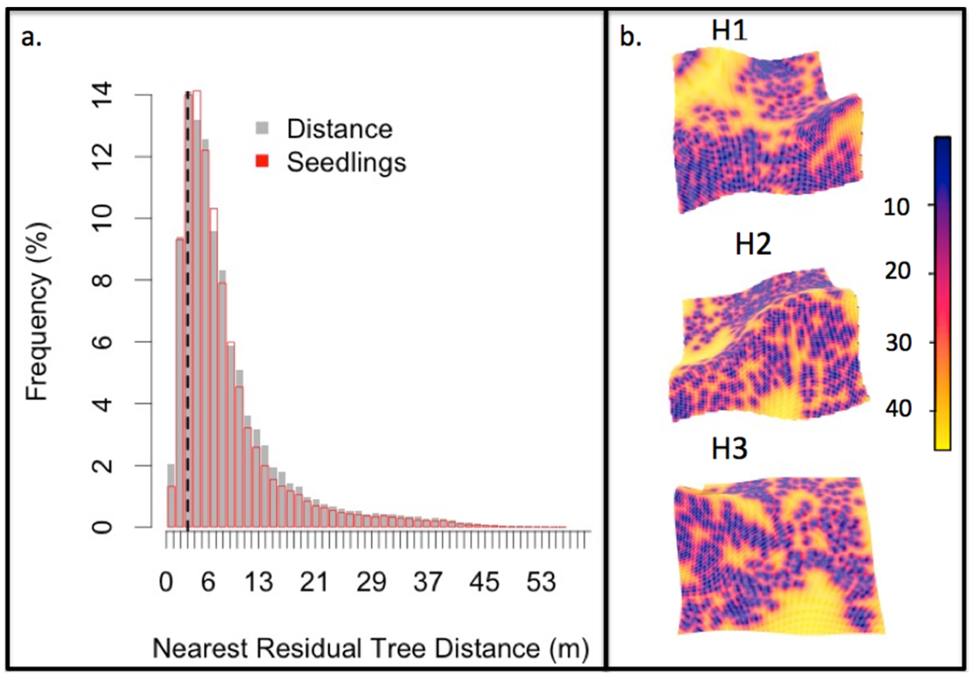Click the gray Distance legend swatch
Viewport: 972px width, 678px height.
(262, 128)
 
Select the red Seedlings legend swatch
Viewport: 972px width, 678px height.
(262, 161)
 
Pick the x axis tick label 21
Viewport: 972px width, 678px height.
(314, 582)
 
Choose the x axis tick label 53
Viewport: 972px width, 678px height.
(541, 582)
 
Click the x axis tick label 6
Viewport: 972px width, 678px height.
(208, 582)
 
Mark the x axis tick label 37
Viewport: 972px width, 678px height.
(428, 582)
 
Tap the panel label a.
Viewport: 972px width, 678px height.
(31, 38)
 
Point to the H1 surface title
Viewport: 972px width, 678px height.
(729, 30)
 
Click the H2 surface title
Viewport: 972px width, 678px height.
(753, 244)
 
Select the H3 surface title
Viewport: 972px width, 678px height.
(729, 449)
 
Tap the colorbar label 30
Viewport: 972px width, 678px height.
(897, 343)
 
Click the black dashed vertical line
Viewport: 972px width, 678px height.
(188, 304)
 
